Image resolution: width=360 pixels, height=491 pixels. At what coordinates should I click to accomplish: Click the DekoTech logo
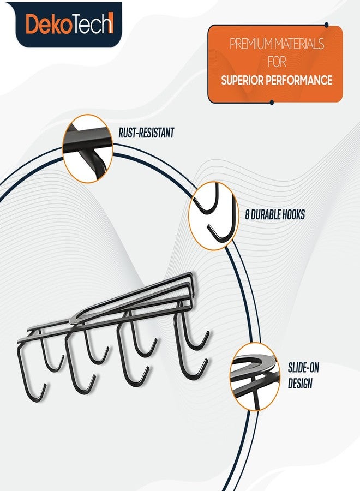[x=69, y=25]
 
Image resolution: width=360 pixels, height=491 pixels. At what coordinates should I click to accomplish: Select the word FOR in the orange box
[x=277, y=62]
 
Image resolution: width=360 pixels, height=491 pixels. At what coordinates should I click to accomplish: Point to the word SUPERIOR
[x=242, y=80]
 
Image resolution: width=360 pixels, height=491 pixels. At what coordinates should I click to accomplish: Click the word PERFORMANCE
[x=299, y=80]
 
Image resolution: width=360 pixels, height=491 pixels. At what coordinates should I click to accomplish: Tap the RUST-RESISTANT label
[x=146, y=133]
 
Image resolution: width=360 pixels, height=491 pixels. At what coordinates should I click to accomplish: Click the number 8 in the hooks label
[x=247, y=215]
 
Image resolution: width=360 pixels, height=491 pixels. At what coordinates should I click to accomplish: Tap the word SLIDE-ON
[x=303, y=368]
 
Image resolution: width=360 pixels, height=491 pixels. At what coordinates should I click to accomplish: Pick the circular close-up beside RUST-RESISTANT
[x=88, y=148]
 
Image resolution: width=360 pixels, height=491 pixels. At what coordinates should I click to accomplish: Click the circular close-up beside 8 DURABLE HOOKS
[x=214, y=215]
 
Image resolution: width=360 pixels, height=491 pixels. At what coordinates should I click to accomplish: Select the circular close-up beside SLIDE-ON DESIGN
[x=255, y=376]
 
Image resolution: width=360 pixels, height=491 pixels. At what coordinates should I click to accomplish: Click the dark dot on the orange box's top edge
[x=327, y=25]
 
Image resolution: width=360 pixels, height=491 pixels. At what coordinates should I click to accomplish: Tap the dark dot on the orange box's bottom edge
[x=272, y=103]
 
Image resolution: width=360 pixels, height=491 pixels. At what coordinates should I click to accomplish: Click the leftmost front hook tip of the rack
[x=45, y=386]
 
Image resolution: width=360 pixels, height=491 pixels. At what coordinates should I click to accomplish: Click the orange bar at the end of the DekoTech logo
[x=111, y=24]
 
